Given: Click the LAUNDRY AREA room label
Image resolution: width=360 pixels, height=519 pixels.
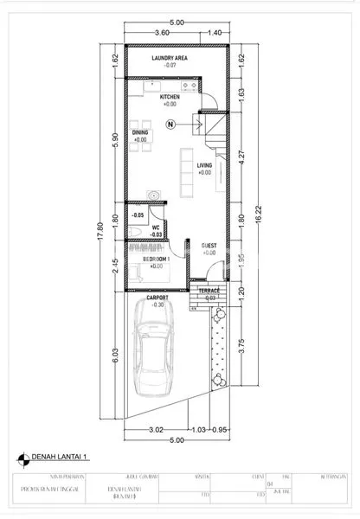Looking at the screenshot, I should [170, 58].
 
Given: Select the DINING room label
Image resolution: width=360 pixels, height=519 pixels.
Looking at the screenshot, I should [140, 132].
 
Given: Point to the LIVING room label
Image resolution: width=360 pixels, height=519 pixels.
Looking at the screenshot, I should [204, 164].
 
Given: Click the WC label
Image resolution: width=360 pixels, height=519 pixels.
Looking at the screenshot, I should [157, 227].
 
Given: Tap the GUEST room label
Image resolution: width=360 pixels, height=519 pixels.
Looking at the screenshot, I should [209, 246].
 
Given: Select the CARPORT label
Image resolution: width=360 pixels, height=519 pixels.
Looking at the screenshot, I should [157, 298].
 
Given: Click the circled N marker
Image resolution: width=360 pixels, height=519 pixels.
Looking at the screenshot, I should [170, 125].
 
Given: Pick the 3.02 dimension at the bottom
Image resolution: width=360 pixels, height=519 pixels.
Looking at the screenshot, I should [157, 429].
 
